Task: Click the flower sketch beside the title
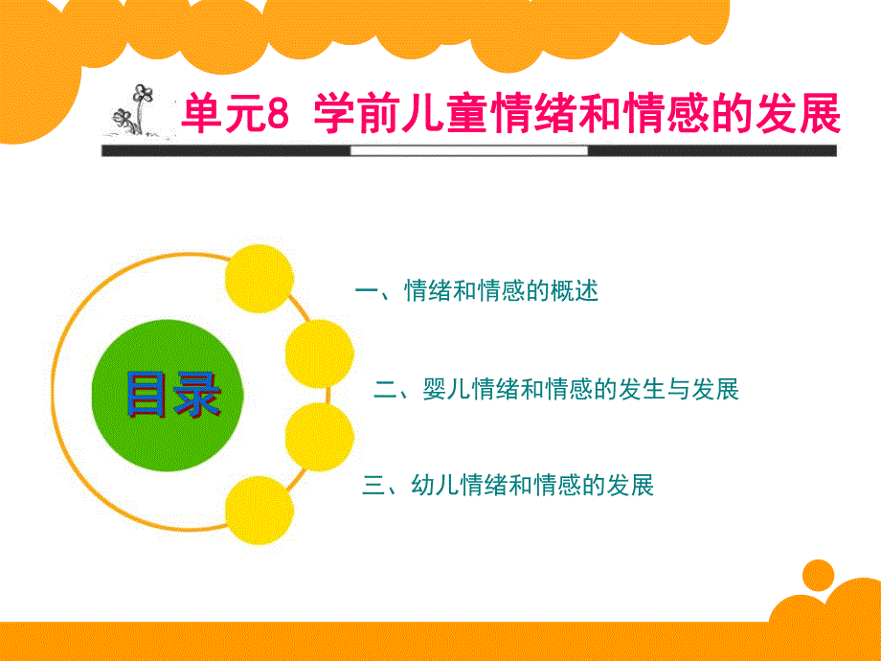[136, 109]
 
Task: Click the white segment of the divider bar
[468, 150]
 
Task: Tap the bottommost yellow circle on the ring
[258, 508]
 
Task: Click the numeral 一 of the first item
[367, 291]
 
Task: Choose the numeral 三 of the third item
[373, 486]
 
